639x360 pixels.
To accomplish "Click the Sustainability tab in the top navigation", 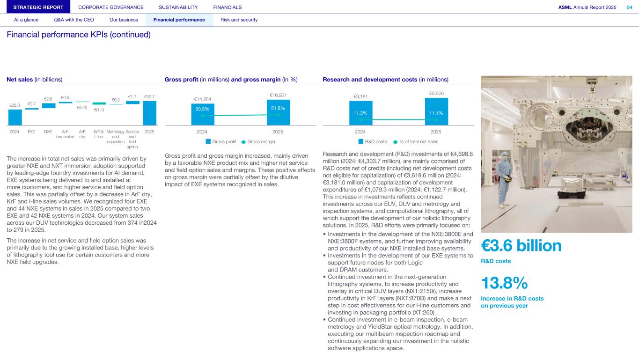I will (178, 7).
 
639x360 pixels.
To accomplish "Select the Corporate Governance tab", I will (111, 7).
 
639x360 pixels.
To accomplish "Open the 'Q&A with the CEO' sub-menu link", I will (73, 20).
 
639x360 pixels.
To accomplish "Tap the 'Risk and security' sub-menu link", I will (239, 20).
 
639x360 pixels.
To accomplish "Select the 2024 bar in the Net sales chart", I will (15, 117).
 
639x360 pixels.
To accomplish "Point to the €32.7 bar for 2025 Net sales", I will (149, 113).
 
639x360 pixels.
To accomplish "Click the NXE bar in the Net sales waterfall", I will (48, 105).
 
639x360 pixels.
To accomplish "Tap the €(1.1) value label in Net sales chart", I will (99, 110).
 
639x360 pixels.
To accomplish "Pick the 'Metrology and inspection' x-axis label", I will (116, 137).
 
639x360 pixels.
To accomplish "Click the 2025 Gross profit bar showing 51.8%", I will (278, 112).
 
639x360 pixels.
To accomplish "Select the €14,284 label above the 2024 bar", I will (203, 99).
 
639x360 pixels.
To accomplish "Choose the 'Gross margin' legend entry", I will (258, 141).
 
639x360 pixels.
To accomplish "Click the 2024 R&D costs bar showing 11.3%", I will (360, 113).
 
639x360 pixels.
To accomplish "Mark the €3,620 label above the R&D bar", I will (436, 94).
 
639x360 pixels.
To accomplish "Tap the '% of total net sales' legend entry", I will (416, 141).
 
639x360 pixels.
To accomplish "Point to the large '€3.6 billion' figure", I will (521, 246).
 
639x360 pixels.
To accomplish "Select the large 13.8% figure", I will (504, 283).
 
